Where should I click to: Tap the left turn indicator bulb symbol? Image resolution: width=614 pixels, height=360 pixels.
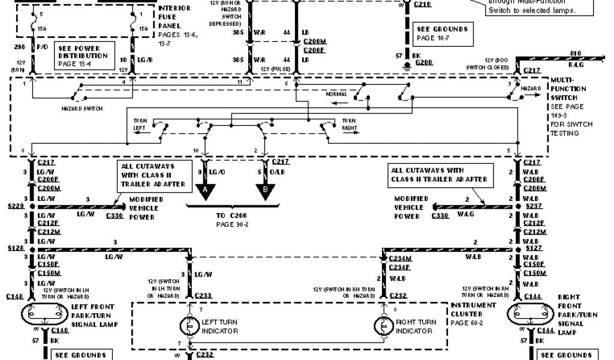click(189, 326)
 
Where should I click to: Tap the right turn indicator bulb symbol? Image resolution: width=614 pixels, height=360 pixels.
click(383, 326)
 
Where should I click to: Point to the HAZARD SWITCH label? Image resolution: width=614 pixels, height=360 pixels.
click(82, 109)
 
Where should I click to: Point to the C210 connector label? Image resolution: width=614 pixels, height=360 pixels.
click(422, 5)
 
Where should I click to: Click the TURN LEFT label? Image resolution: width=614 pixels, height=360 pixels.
click(140, 124)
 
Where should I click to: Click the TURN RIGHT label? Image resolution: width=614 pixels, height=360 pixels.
click(350, 124)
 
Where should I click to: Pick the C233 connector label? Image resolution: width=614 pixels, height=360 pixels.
click(203, 295)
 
